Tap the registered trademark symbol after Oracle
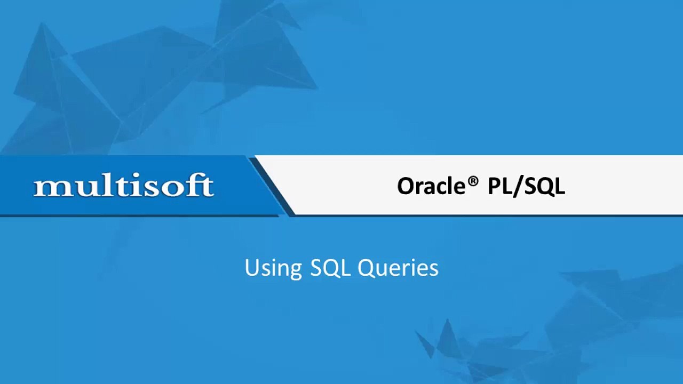click(x=473, y=180)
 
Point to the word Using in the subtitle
click(x=273, y=268)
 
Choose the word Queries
click(x=398, y=268)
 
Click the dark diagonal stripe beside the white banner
click(x=272, y=187)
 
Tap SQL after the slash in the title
click(x=543, y=186)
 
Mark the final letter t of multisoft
click(x=208, y=187)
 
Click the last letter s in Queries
click(x=434, y=269)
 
